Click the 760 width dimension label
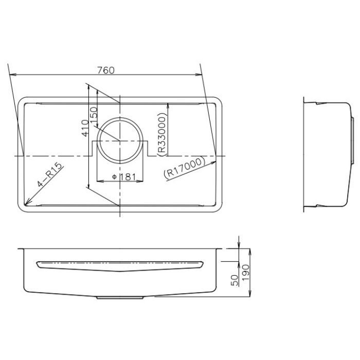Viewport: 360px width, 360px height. (106, 70)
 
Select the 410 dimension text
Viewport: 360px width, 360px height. (85, 128)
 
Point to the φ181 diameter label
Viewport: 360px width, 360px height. (124, 177)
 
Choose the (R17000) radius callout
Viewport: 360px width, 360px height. (184, 167)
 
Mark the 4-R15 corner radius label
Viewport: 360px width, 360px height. (50, 174)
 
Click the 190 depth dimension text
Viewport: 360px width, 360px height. (245, 272)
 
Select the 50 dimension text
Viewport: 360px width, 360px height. (235, 280)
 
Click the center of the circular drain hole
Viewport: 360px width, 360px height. (120, 140)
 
